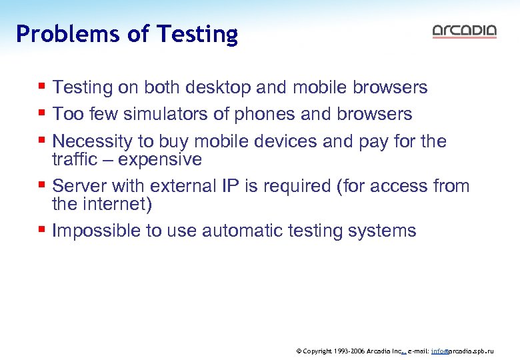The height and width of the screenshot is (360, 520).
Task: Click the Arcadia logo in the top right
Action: pos(464,31)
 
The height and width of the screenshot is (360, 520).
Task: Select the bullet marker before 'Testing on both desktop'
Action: pos(42,87)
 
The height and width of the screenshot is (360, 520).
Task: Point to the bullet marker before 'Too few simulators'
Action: pos(42,114)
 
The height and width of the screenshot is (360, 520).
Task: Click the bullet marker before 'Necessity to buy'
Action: pos(42,141)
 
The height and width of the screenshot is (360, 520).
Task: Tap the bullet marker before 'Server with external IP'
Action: pos(42,186)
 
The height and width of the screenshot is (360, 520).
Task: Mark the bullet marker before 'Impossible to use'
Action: pos(42,231)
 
